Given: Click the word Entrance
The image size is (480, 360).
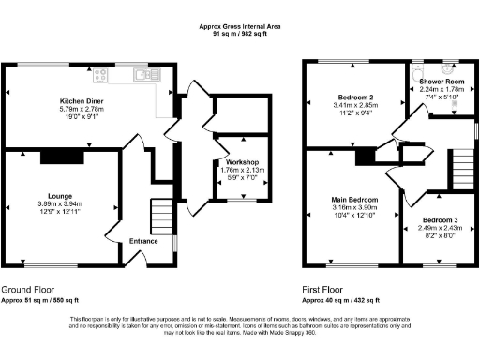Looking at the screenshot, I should (x=143, y=242).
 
